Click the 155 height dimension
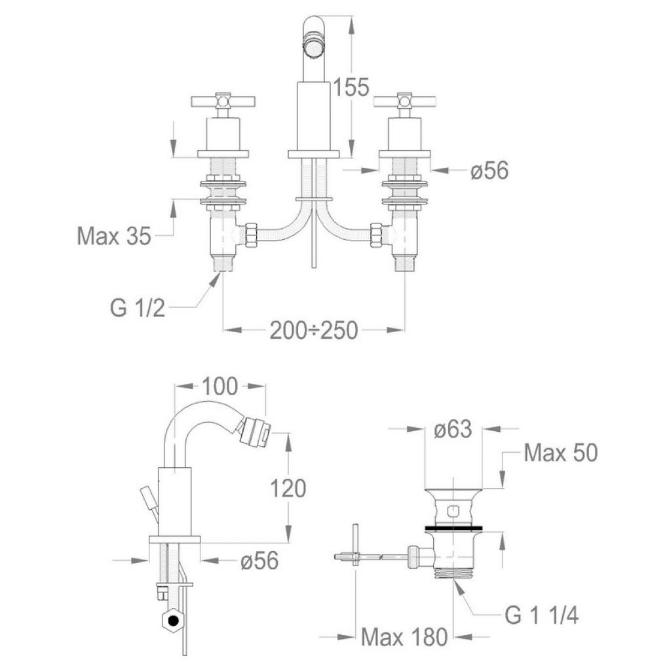tap(351, 87)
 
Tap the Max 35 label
tap(114, 235)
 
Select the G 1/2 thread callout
tap(138, 307)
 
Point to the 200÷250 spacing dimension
tap(314, 330)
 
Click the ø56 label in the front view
tap(489, 171)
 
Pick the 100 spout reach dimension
tap(219, 387)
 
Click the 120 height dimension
tap(288, 488)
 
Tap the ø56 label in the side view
tap(259, 560)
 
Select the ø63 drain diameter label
tap(453, 429)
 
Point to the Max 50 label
tap(561, 453)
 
